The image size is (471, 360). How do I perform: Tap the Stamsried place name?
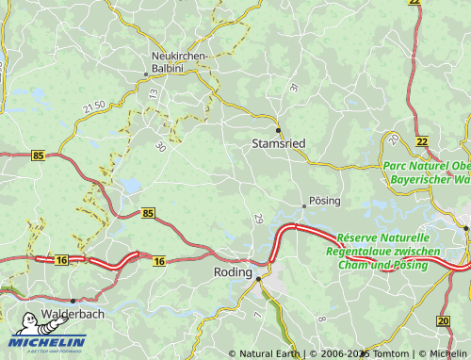280,143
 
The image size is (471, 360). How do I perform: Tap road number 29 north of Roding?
259,219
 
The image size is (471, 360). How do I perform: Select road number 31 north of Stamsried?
294,88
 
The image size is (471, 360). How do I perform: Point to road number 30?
160,146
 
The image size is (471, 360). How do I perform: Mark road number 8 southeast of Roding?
322,319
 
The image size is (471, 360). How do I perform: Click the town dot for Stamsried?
278,129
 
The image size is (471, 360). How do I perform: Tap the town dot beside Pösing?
303,205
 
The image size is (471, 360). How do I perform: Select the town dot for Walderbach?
73,301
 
